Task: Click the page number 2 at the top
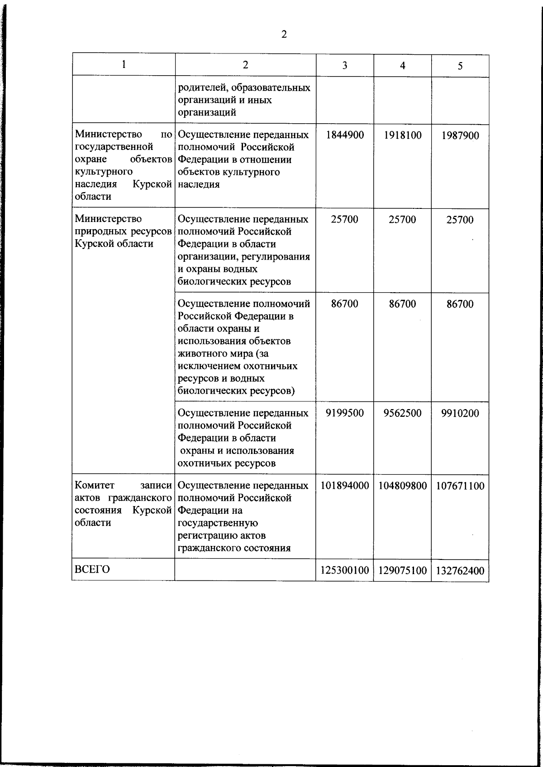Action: pyautogui.click(x=284, y=34)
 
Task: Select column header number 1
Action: pyautogui.click(x=124, y=64)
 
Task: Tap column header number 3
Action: pyautogui.click(x=345, y=66)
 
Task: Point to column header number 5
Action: pyautogui.click(x=460, y=66)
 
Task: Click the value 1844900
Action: pyautogui.click(x=345, y=135)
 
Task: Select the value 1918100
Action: pyautogui.click(x=402, y=135)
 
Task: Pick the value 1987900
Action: pyautogui.click(x=460, y=136)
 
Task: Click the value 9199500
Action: pyautogui.click(x=345, y=413)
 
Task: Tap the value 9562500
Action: pyautogui.click(x=402, y=413)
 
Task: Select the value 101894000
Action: pyautogui.click(x=345, y=486)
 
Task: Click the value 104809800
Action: pyautogui.click(x=402, y=486)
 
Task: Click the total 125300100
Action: pyautogui.click(x=345, y=570)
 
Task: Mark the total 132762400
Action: pyautogui.click(x=460, y=571)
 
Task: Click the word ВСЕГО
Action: pyautogui.click(x=92, y=569)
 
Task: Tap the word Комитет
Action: pyautogui.click(x=95, y=485)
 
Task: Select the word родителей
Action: pyautogui.click(x=200, y=87)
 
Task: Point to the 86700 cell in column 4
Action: pyautogui.click(x=402, y=304)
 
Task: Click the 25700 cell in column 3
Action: pyautogui.click(x=345, y=219)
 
